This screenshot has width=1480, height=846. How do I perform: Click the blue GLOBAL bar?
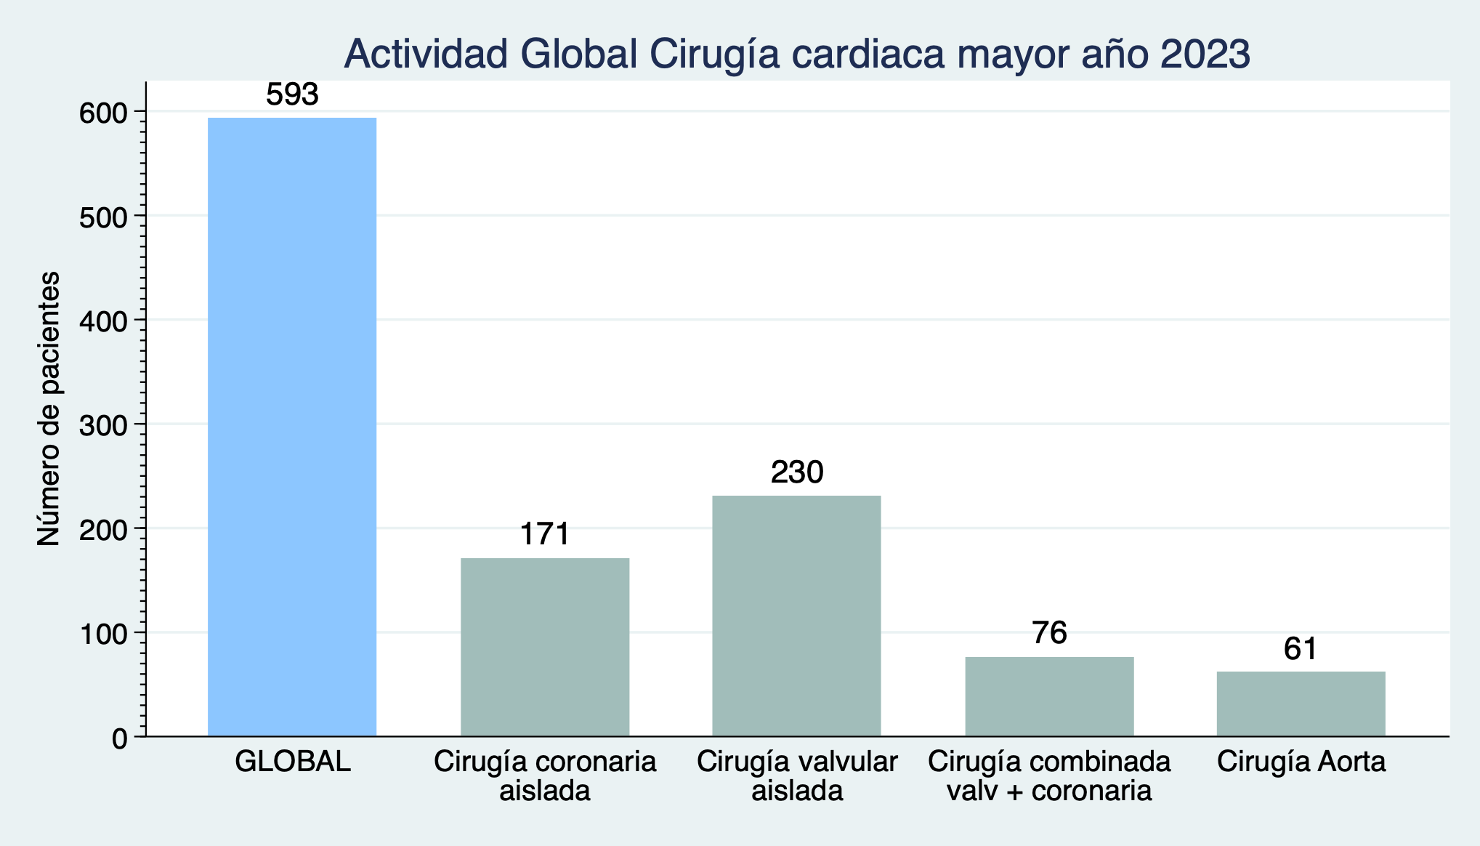pos(292,427)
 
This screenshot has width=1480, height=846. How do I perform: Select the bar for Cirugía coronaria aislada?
pos(545,647)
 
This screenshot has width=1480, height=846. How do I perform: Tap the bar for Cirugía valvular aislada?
pos(796,616)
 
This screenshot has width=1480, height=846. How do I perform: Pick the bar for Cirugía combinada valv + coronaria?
pos(1049,696)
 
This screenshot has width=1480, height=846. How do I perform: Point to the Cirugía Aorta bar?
pos(1301,704)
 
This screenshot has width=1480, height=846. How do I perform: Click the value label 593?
pos(292,95)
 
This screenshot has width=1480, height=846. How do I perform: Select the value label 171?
pos(545,534)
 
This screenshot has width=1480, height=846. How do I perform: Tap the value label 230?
pos(797,472)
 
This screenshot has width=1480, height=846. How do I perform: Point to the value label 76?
pos(1049,633)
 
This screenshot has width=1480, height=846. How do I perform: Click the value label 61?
pos(1301,649)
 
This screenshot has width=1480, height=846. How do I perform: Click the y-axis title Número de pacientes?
pos(48,408)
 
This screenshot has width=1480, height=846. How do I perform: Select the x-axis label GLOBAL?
pos(292,762)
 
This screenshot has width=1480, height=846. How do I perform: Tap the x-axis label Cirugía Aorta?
pos(1301,762)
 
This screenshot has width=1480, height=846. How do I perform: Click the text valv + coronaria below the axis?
pos(1049,791)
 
